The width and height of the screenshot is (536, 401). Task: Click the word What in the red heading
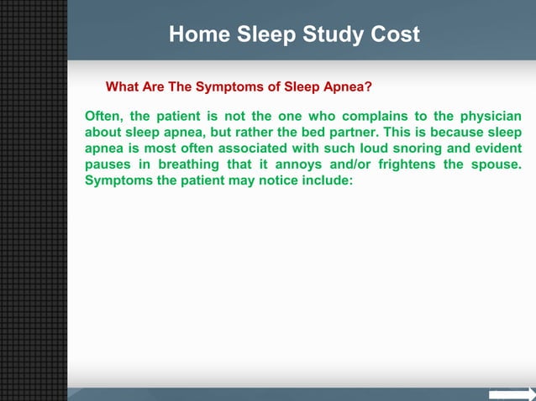click(x=121, y=86)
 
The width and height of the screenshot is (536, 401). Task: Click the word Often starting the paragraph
click(x=103, y=117)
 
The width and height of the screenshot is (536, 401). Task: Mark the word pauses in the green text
click(x=108, y=164)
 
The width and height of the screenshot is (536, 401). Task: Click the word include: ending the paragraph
click(x=324, y=180)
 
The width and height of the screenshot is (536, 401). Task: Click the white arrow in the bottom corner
click(x=512, y=394)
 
